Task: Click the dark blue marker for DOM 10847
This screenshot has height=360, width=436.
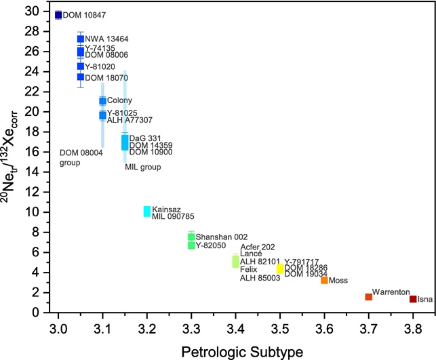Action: pyautogui.click(x=58, y=15)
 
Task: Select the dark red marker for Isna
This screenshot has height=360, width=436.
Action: pyautogui.click(x=413, y=299)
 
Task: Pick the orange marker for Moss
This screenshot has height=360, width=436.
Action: pyautogui.click(x=325, y=280)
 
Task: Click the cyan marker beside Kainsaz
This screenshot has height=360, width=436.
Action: pyautogui.click(x=147, y=212)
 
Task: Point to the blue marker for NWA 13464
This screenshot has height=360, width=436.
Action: pyautogui.click(x=81, y=39)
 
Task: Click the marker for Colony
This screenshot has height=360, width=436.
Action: pyautogui.click(x=103, y=101)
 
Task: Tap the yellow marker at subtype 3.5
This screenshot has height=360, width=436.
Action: pyautogui.click(x=280, y=268)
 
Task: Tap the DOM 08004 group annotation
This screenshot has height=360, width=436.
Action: pyautogui.click(x=81, y=158)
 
